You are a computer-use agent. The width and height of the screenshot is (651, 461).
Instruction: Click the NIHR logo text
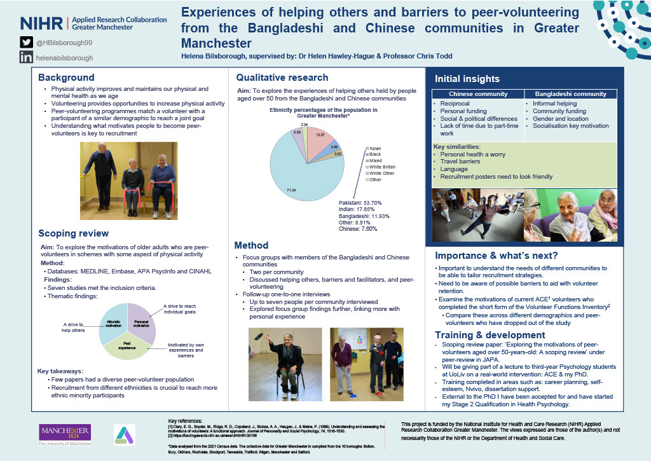41,24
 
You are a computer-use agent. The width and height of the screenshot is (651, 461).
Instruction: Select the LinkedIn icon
26,57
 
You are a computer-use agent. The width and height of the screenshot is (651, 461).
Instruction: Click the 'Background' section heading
66,77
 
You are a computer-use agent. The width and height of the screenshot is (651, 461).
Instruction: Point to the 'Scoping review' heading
73,233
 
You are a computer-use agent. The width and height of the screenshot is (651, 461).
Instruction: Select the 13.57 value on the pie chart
320,135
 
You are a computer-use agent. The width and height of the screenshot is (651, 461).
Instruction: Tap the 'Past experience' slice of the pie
127,343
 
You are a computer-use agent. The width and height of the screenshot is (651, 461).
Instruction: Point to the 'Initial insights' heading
467,79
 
